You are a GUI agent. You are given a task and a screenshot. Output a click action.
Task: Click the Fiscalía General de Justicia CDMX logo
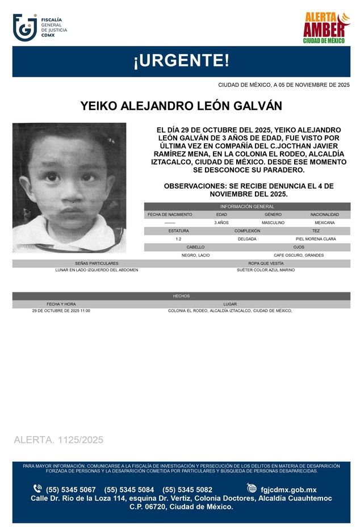[34, 27]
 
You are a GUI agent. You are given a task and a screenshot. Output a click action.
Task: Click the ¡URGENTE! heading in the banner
[181, 61]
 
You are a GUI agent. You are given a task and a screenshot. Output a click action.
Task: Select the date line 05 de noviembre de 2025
[283, 85]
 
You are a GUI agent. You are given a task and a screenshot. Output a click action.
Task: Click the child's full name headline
[181, 106]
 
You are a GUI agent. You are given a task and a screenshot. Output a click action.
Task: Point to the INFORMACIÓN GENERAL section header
[247, 207]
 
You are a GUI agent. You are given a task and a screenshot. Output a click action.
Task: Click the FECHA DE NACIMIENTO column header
[170, 215]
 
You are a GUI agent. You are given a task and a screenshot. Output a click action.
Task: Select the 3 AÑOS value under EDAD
[221, 223]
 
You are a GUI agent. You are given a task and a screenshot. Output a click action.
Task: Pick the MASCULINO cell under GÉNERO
[273, 223]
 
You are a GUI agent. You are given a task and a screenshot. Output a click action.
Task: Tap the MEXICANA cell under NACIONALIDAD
[325, 223]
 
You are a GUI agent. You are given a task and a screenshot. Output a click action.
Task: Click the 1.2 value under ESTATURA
[178, 239]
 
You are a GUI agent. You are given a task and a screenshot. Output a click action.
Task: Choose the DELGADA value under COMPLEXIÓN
[247, 239]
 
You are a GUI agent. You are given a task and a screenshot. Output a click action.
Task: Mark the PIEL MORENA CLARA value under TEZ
[316, 239]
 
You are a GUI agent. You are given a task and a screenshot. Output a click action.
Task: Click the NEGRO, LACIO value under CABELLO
[195, 255]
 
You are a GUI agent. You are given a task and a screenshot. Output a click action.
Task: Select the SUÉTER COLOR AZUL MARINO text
[266, 270]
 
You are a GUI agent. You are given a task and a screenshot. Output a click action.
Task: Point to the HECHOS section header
[181, 296]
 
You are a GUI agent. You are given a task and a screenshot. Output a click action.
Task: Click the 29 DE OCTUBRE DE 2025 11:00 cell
[61, 311]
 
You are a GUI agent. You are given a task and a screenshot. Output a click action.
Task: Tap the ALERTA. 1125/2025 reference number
[58, 440]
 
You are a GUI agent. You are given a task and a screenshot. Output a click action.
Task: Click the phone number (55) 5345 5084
[129, 489]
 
